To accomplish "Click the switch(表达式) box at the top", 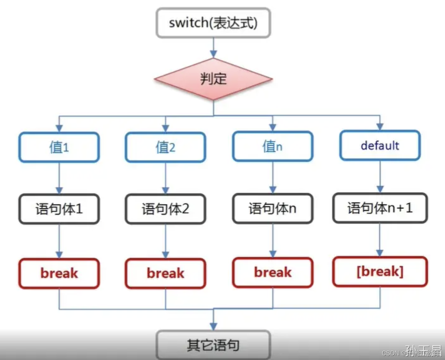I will (213, 23).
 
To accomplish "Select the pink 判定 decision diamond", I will (213, 79).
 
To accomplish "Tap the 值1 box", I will (59, 147).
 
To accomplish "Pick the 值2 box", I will (165, 147).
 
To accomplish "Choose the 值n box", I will (273, 146).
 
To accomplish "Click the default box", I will (380, 146).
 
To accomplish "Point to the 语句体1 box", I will (59, 209).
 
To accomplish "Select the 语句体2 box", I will (165, 209).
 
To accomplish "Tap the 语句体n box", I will (273, 208).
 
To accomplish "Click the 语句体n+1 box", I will (380, 208).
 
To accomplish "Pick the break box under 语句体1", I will (59, 273).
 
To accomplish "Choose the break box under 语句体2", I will (165, 273).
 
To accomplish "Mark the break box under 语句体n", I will (273, 272).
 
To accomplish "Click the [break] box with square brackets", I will (380, 272).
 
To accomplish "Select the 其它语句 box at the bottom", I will (213, 345).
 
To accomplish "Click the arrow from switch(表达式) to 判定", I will (213, 47).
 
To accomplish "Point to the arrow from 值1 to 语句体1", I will (59, 178).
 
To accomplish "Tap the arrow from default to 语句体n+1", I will (380, 176).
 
